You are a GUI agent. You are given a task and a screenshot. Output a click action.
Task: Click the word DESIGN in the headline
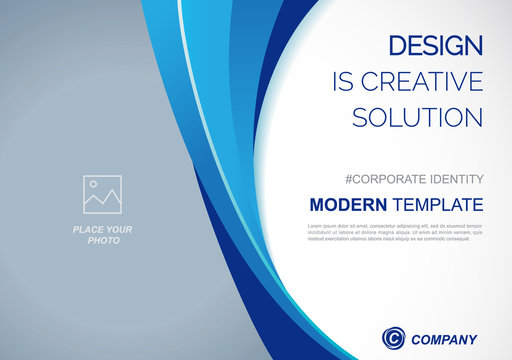(435, 45)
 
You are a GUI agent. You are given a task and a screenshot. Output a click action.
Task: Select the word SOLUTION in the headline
(418, 117)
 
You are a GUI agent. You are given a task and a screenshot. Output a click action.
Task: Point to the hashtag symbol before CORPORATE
(349, 179)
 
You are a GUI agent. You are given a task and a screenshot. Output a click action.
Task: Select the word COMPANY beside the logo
(445, 339)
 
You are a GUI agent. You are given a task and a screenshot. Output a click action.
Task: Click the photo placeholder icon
(102, 195)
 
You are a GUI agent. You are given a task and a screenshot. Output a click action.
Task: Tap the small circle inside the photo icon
(93, 185)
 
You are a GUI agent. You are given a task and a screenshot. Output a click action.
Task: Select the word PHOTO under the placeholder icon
(103, 241)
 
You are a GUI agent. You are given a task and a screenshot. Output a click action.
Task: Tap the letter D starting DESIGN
(396, 45)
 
